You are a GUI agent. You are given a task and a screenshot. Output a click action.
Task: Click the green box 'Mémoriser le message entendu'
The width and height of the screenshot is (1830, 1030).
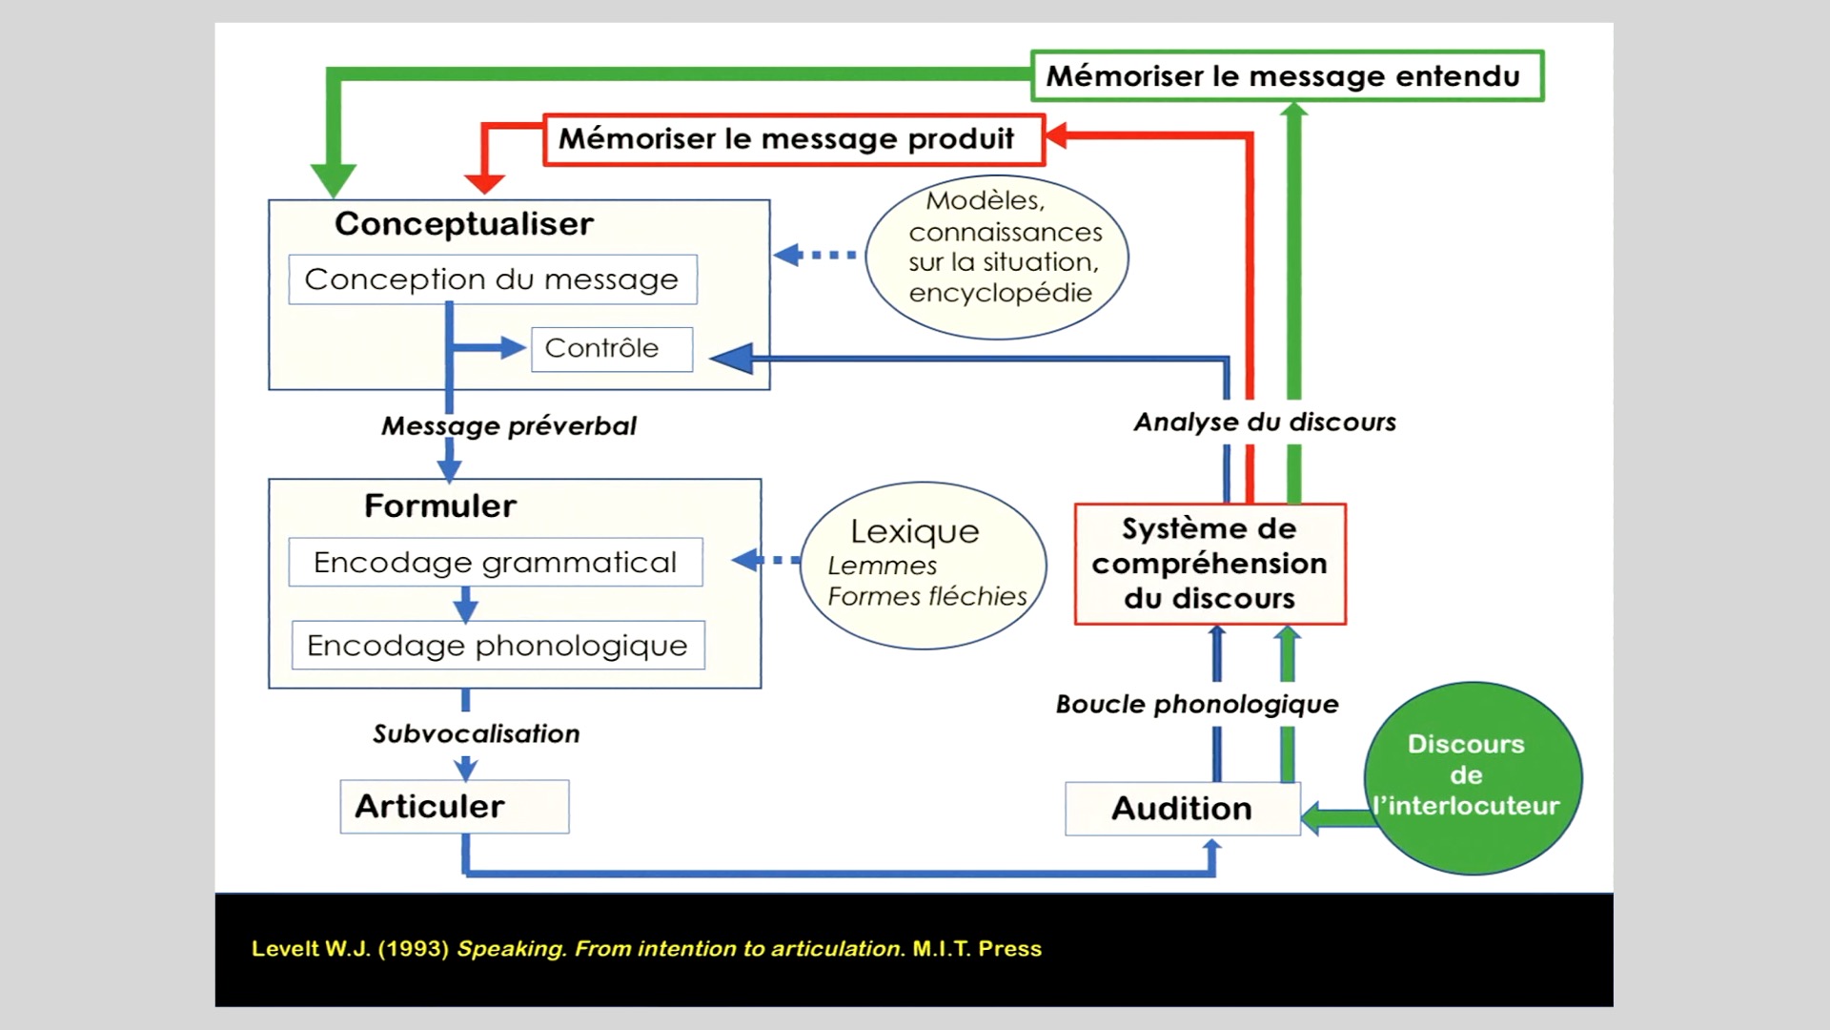(x=1287, y=76)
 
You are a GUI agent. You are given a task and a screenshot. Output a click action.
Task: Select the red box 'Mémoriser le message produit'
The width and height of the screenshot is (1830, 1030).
(x=794, y=139)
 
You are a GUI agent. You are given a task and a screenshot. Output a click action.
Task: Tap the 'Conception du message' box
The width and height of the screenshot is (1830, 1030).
(x=492, y=279)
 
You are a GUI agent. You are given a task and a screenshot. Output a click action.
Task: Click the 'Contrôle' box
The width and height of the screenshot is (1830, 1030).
(x=611, y=349)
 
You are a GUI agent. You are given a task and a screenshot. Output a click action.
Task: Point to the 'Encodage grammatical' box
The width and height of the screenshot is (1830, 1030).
(x=496, y=563)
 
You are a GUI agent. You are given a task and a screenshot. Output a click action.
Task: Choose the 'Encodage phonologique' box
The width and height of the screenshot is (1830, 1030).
(x=498, y=646)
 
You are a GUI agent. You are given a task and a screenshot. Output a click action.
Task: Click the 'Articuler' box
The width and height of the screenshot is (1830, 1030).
(x=454, y=807)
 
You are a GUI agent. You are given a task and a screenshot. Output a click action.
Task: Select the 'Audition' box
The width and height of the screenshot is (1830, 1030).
(x=1182, y=809)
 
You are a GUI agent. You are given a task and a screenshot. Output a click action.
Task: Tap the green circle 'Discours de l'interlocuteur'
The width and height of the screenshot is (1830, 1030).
(x=1472, y=776)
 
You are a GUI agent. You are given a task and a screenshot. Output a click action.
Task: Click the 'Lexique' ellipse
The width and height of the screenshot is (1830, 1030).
(x=923, y=565)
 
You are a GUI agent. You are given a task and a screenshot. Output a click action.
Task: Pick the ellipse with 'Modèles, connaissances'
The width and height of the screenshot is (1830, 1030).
(x=997, y=257)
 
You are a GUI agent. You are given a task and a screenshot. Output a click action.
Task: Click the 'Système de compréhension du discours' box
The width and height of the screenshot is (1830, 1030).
(x=1210, y=564)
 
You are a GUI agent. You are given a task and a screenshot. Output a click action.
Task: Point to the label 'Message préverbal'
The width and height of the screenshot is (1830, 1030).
(x=509, y=426)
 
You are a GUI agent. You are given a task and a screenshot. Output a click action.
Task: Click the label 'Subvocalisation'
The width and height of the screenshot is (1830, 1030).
(x=477, y=734)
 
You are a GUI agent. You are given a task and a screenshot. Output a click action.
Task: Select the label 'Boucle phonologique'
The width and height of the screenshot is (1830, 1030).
(x=1197, y=705)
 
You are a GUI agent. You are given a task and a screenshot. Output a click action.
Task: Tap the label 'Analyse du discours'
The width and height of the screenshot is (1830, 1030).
(x=1265, y=422)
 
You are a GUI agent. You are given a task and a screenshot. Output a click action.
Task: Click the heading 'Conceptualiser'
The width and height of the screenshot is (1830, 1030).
(x=464, y=224)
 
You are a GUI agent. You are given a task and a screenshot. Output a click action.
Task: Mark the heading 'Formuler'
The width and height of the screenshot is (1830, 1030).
(x=440, y=506)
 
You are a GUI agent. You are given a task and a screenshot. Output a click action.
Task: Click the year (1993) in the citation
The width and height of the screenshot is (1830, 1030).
(x=413, y=949)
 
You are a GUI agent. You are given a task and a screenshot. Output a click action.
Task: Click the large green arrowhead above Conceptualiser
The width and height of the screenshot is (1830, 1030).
(x=334, y=179)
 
